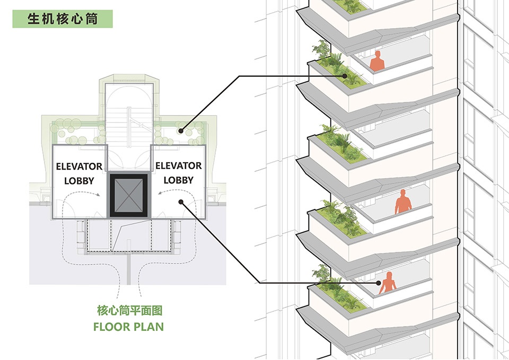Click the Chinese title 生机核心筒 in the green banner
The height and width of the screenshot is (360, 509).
63,19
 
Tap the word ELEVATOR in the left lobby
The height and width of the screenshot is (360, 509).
79,166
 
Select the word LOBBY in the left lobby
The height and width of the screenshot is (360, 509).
79,181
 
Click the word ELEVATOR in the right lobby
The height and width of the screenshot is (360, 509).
179,166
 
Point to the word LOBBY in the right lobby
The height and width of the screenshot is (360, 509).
179,180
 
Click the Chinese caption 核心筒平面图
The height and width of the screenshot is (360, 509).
129,311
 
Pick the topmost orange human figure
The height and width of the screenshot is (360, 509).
377,61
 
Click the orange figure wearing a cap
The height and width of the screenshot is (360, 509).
403,202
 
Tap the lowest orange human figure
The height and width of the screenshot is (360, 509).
388,283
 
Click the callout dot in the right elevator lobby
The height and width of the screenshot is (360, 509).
181,202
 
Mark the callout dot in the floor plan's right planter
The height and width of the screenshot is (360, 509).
180,131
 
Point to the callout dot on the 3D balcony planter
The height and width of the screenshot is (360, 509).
345,76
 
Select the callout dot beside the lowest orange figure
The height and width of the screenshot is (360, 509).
379,283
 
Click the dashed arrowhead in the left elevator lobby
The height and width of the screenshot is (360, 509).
98,195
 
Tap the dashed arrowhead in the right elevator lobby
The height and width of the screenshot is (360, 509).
160,194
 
